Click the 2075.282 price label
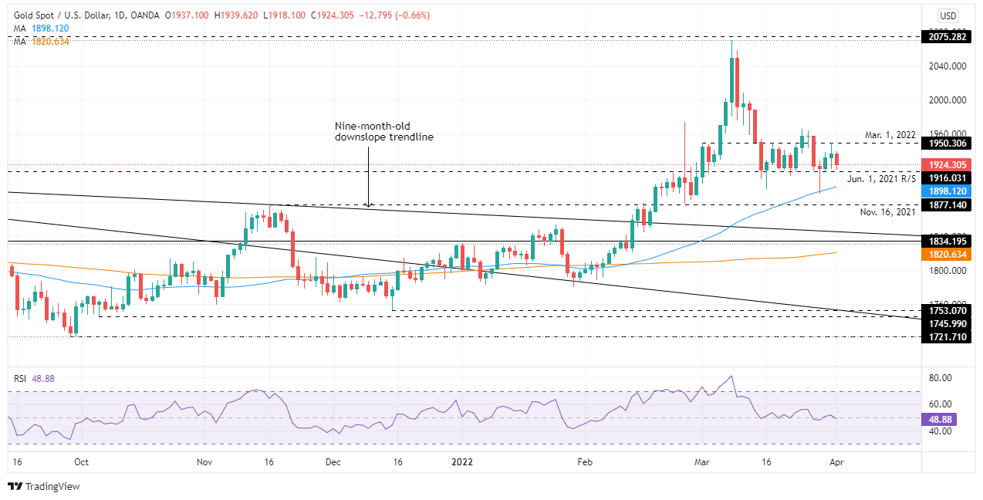(948, 36)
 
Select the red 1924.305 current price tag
(948, 164)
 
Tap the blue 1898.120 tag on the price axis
(948, 190)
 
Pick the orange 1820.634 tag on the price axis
(948, 254)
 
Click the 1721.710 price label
(948, 337)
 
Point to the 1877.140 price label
(948, 205)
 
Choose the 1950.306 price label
(948, 144)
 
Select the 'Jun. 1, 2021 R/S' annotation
(881, 178)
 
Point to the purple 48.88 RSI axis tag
(942, 419)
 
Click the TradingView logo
(44, 486)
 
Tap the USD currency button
(948, 15)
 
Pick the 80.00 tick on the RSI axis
(940, 378)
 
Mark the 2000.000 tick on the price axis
(944, 100)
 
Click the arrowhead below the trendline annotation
(369, 204)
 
